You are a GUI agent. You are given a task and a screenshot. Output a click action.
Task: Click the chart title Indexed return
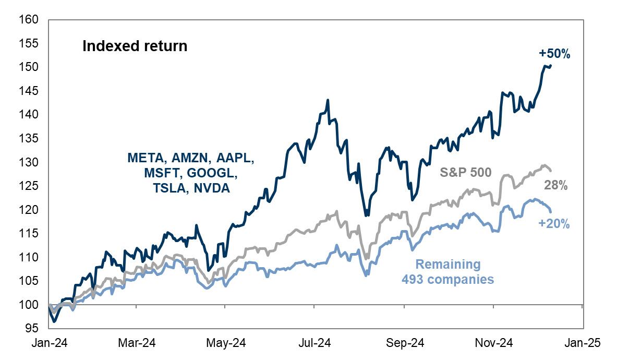[x=135, y=46]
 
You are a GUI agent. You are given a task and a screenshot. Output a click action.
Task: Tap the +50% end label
[x=554, y=53]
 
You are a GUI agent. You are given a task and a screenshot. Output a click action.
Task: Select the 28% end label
[x=556, y=185]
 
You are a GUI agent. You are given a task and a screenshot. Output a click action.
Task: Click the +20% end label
[x=554, y=224]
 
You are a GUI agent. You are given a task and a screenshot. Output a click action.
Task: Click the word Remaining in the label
[x=447, y=265]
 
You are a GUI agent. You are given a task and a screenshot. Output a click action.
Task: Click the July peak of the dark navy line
[x=328, y=100]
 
